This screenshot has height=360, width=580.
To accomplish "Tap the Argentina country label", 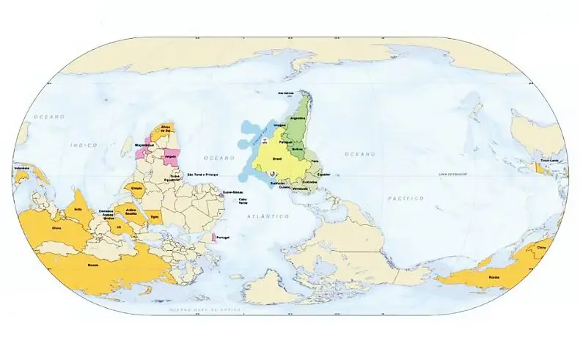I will coord(297,117).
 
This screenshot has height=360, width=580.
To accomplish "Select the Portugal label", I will coord(224,238).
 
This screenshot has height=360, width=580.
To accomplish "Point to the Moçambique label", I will coord(144,146).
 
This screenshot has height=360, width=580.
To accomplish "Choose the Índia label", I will coord(78,208).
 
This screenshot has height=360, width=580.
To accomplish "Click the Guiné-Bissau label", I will coord(232,192).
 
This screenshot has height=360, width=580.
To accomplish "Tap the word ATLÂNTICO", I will coord(269,217).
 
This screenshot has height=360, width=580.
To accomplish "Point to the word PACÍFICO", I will coord(405,198).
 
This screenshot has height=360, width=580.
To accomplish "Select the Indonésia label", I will coord(22,168).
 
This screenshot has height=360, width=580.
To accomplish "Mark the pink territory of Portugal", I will coord(213,238).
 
